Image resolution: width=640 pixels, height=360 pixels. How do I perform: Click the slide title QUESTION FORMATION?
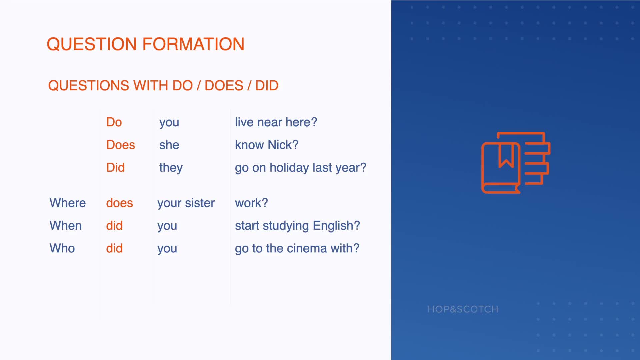coord(146,44)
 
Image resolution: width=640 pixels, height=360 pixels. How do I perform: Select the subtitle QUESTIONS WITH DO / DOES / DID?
coord(163,86)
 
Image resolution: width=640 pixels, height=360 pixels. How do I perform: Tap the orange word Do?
coord(114,122)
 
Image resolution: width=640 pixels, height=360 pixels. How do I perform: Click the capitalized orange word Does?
coord(121,145)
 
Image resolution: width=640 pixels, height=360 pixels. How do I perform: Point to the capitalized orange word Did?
coord(115,168)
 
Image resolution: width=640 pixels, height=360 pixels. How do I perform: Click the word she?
coord(169,145)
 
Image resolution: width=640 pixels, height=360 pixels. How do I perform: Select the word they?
coord(171,168)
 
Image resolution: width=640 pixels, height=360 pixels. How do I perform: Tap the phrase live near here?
coord(276,122)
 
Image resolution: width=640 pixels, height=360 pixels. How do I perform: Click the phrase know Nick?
coord(267,145)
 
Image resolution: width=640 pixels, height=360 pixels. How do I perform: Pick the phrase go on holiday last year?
coord(301,168)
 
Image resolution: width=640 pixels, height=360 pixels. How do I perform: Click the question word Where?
coord(68,203)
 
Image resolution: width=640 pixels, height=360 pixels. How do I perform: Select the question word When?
coord(66,226)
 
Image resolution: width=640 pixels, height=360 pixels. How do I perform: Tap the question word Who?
coord(62,248)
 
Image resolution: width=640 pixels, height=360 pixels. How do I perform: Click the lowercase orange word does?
coord(120,203)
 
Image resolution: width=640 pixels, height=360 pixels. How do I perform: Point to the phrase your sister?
coord(186,203)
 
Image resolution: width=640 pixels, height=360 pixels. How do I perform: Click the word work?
coord(251,203)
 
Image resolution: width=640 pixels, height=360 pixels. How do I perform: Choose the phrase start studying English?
coord(297,226)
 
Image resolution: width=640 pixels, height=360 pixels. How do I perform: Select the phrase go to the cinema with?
coord(297,248)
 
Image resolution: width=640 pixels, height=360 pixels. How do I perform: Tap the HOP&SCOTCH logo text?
coord(463,309)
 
